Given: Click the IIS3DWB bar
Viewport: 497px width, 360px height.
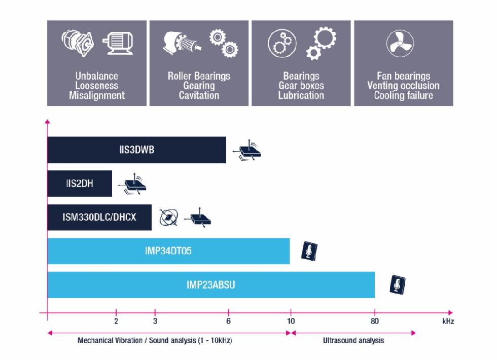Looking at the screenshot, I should coord(136,150).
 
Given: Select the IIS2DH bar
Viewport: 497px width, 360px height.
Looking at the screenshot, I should coord(80,184).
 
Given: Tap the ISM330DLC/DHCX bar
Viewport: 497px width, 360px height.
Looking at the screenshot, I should coord(99,218).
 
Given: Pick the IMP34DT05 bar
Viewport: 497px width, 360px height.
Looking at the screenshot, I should coord(168,251).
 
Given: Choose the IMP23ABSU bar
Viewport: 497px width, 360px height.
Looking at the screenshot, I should coord(210,285).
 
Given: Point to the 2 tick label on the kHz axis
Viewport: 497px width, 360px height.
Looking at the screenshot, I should coord(116,321).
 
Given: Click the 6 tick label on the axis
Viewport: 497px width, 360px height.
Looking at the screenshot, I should coord(228,321).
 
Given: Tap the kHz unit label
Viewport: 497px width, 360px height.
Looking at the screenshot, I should coord(448,321).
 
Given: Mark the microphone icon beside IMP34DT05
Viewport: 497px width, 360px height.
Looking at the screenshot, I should coord(309,250).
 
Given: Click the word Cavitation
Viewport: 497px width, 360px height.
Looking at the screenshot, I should coord(199,95).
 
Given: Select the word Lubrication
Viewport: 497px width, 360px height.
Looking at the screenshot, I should coord(301,95).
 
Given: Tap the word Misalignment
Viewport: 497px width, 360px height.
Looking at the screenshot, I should coord(97,95).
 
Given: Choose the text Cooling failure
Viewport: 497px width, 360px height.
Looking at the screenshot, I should coord(403,95).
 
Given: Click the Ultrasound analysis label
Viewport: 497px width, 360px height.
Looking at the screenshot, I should coord(353,340).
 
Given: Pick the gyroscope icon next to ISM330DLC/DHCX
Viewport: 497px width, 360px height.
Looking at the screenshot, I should coord(169,217).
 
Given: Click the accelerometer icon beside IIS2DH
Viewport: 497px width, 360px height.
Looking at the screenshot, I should coord(134,183).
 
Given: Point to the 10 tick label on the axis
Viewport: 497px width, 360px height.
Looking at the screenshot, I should coord(291,321).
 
